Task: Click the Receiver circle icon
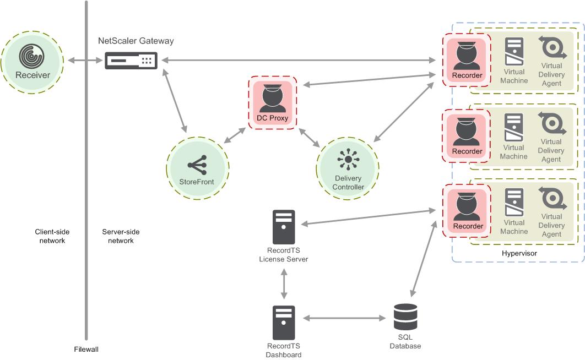point(32,62)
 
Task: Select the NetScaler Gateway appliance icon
point(131,61)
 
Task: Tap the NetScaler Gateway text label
point(136,41)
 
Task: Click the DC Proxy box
point(273,102)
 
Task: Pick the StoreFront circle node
point(197,168)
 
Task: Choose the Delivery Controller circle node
point(348,168)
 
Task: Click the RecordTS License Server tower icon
point(284,227)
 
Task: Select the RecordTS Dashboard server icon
point(284,323)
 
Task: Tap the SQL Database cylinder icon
point(405,317)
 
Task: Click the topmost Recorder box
point(467,60)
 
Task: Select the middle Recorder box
point(467,136)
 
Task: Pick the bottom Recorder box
point(467,211)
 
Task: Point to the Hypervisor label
point(519,253)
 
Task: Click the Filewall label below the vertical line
point(86,349)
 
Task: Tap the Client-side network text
point(52,236)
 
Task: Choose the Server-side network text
point(121,236)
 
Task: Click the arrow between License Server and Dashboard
point(284,284)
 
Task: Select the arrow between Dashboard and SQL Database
point(344,318)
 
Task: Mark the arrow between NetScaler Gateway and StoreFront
point(175,101)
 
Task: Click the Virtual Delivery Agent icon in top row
point(552,47)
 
